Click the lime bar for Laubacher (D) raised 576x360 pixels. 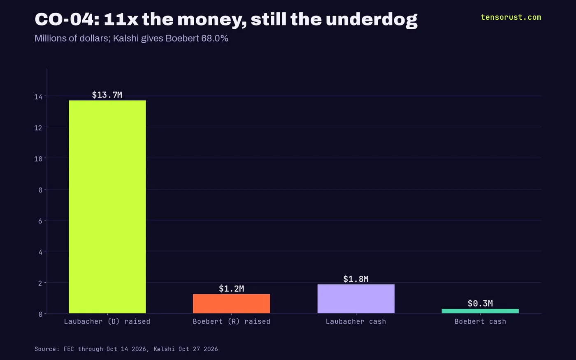107,207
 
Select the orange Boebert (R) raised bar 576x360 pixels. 231,304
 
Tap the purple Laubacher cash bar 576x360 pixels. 356,299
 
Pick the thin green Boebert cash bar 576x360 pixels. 480,311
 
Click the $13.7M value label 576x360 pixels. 107,95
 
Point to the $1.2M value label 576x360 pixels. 231,288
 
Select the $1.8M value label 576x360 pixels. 356,279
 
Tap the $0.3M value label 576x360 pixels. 480,304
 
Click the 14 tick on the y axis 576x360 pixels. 38,97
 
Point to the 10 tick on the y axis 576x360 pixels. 38,159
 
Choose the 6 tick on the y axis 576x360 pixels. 40,221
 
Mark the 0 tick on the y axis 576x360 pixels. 40,314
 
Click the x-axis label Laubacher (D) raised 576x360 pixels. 107,321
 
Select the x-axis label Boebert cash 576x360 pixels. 480,321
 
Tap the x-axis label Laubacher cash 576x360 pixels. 356,321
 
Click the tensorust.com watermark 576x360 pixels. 511,17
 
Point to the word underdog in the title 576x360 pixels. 372,20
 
